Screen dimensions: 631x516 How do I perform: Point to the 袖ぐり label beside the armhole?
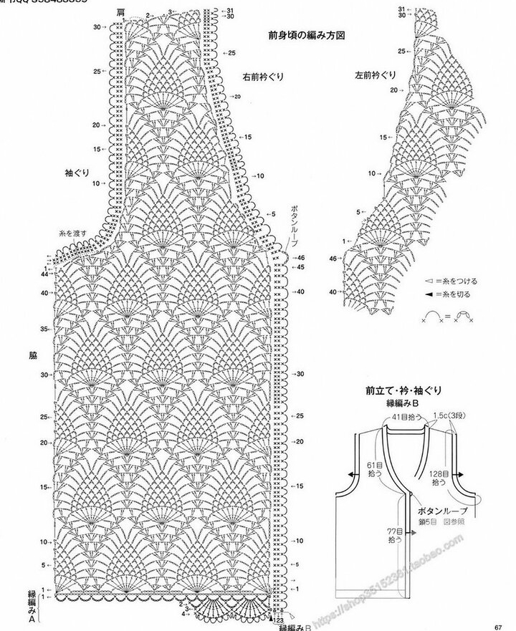pos(74,173)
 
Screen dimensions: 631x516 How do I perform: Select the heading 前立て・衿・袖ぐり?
pos(403,391)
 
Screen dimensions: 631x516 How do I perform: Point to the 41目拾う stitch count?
pos(404,416)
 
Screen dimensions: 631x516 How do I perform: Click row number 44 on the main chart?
pos(44,274)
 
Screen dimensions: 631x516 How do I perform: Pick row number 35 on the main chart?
pos(44,329)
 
